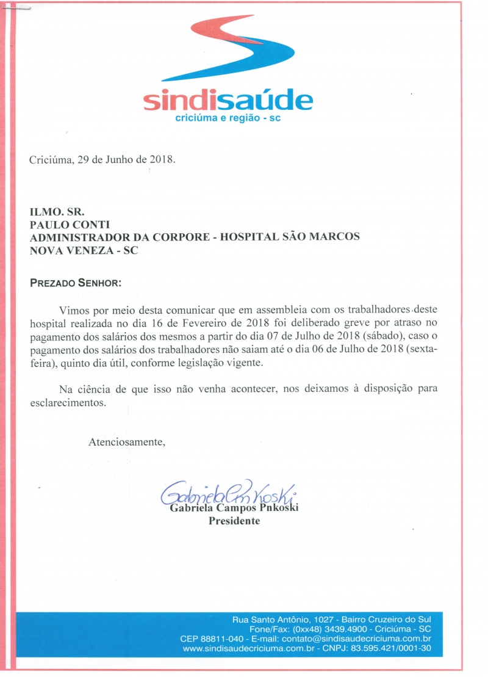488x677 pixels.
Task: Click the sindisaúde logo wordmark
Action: coord(228,100)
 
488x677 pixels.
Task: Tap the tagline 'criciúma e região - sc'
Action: coord(228,118)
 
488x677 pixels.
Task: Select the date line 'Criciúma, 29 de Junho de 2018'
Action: coord(102,161)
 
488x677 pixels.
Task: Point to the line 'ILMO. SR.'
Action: coord(52,214)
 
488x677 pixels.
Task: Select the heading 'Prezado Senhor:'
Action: coord(76,283)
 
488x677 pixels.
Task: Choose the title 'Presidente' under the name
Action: coord(234,521)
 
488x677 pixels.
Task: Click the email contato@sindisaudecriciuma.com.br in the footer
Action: coord(362,639)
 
